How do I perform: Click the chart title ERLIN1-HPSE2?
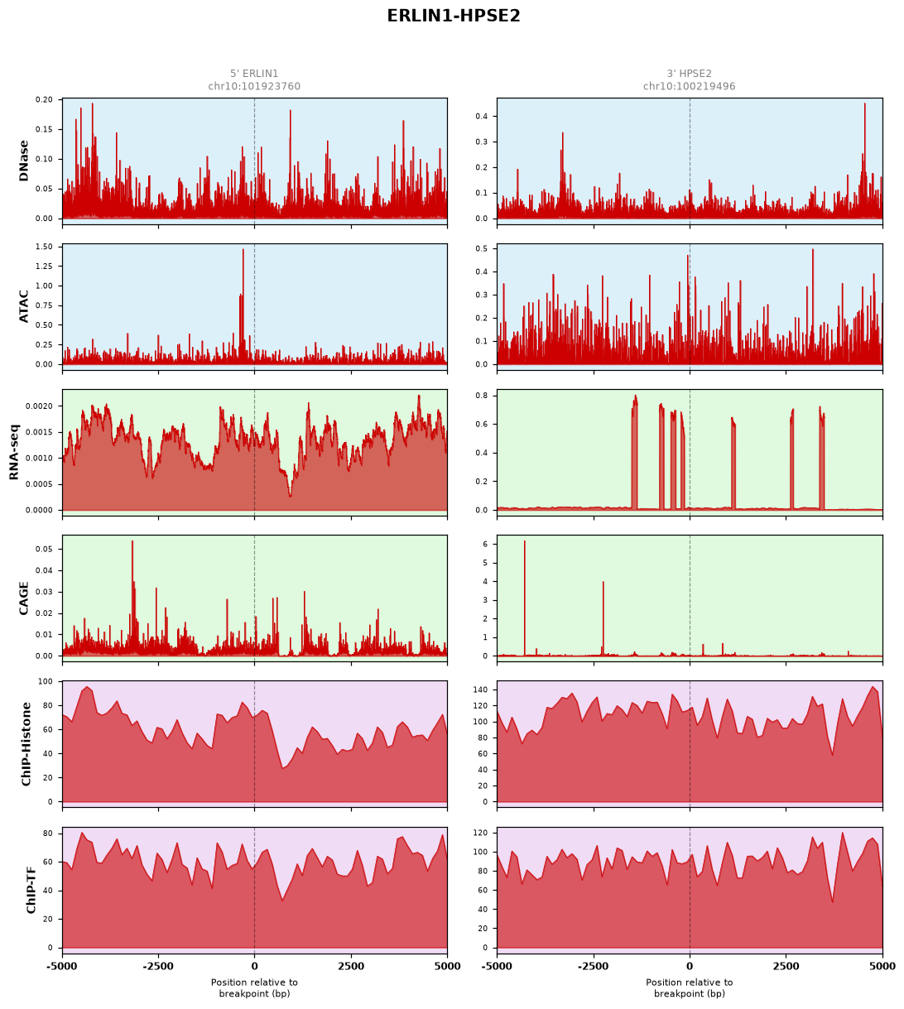(x=454, y=16)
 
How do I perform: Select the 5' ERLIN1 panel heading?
(x=254, y=74)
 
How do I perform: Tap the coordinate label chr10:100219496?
(x=689, y=86)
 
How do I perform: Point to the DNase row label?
(x=23, y=161)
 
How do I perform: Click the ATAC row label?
(x=23, y=306)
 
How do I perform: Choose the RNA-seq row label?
(x=13, y=452)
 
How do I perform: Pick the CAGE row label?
(x=23, y=598)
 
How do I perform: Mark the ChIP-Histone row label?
(x=26, y=744)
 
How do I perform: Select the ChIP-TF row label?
(x=31, y=890)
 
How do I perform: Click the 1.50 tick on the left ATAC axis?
(x=44, y=247)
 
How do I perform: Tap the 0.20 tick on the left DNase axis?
(x=44, y=99)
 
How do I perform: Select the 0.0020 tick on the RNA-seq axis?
(x=39, y=406)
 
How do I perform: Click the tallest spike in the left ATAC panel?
(x=243, y=249)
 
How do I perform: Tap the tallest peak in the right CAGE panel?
(x=525, y=541)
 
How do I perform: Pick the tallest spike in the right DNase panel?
(x=864, y=104)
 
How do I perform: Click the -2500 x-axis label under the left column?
(x=158, y=967)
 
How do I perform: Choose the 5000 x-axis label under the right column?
(x=882, y=967)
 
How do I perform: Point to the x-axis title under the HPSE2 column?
(x=690, y=988)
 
